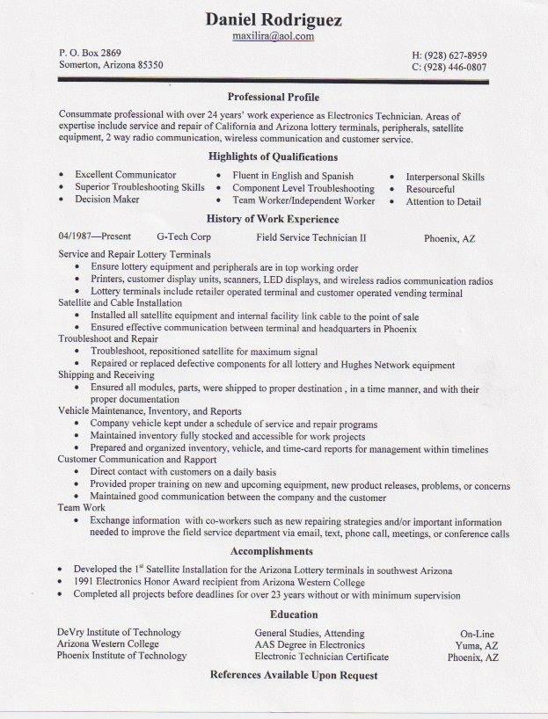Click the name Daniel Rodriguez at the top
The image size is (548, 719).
(274, 19)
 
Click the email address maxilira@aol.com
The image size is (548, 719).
(274, 37)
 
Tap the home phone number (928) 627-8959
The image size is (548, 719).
(449, 54)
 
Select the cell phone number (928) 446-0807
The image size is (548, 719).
(449, 67)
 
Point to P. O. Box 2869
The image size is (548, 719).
(90, 53)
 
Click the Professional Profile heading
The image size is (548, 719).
(273, 97)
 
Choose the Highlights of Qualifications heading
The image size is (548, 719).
(273, 157)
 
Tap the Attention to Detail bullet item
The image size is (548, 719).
(443, 201)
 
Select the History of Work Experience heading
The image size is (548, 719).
(273, 219)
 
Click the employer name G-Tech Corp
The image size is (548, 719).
(183, 237)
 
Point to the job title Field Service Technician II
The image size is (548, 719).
(311, 237)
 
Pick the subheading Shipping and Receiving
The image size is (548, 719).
(106, 374)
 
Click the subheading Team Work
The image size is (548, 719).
(81, 508)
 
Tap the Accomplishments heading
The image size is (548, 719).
(272, 551)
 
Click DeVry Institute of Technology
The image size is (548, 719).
(119, 633)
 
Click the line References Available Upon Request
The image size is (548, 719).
(294, 675)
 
